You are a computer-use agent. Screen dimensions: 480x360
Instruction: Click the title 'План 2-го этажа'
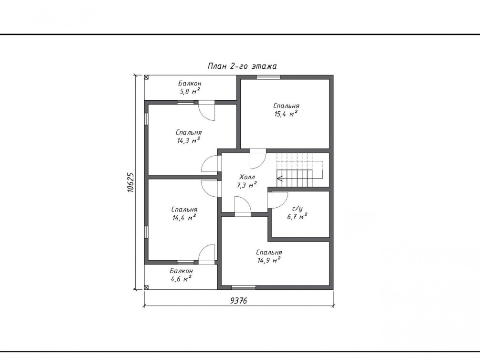pos(242,66)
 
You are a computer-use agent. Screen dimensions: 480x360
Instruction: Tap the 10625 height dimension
pos(131,182)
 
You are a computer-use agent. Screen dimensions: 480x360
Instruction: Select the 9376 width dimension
pos(238,301)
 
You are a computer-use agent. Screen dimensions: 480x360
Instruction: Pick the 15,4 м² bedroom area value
pos(286,114)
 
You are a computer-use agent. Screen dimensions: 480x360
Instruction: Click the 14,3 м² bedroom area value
pos(189,140)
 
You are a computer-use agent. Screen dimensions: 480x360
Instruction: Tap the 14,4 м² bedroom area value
pos(184,218)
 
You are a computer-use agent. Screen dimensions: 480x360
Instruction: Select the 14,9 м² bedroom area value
pos(269,261)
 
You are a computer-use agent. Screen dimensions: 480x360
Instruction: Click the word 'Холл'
pos(247,177)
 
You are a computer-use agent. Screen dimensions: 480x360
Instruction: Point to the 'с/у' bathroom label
pos(297,209)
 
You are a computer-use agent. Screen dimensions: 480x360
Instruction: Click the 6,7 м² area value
pos(297,217)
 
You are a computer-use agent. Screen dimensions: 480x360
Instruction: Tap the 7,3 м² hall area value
pos(246,185)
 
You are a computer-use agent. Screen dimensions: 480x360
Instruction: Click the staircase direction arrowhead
pos(279,178)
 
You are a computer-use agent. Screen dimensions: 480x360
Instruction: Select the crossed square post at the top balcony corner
pos(146,77)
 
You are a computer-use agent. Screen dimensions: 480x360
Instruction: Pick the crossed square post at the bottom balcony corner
pos(146,287)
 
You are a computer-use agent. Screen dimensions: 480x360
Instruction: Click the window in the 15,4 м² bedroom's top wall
pos(268,77)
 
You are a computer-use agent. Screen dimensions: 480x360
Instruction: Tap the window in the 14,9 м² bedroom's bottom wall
pos(244,287)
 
